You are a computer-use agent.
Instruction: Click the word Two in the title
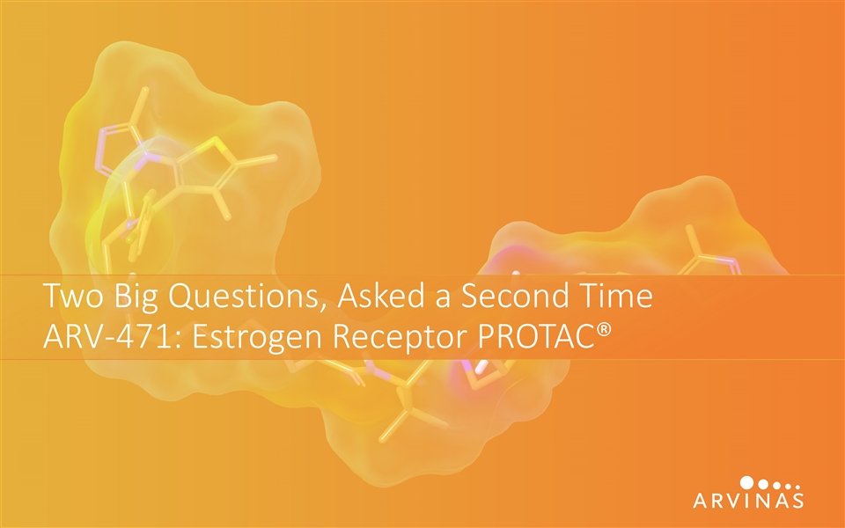(x=73, y=296)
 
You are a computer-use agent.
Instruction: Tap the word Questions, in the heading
(x=247, y=297)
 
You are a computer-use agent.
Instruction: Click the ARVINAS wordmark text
(x=748, y=500)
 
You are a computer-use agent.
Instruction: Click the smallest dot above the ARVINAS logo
(x=797, y=487)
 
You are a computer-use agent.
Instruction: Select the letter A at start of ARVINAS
(x=702, y=500)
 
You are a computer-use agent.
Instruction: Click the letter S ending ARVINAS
(x=797, y=500)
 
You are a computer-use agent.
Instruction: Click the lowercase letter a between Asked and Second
(x=443, y=299)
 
